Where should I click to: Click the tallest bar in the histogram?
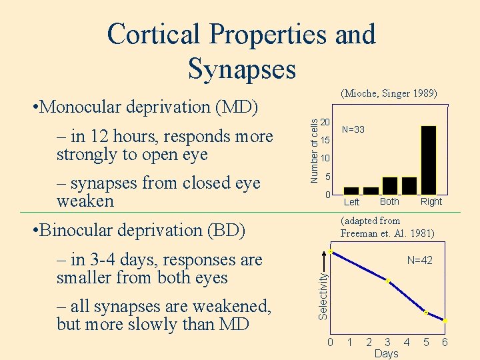429,160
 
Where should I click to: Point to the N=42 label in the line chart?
419,260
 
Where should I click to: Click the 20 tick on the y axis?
325,123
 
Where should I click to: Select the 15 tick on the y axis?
325,141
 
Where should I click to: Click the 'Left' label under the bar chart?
351,202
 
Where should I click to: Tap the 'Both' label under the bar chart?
389,201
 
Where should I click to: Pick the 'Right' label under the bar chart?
431,201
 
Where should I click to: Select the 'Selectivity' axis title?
323,292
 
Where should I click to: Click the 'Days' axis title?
386,353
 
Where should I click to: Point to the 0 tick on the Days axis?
330,343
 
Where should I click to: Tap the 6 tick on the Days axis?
445,343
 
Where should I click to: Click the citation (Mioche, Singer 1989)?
389,93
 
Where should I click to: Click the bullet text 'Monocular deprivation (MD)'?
149,107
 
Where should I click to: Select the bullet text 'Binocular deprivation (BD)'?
142,230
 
